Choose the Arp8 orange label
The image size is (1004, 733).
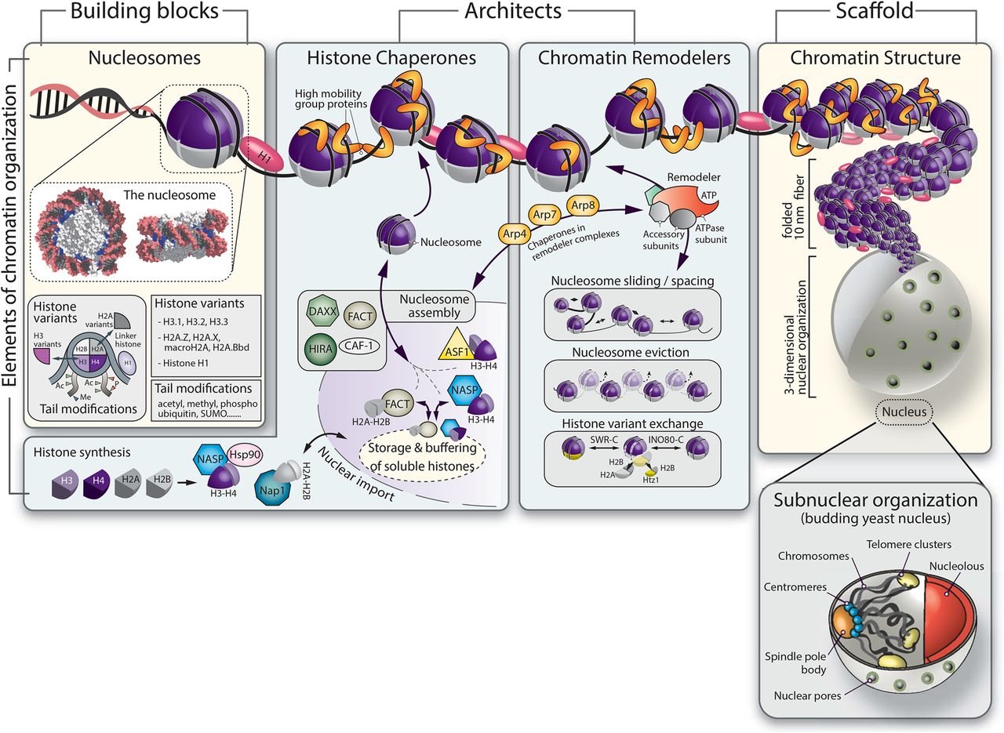click(585, 205)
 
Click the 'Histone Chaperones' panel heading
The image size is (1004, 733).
click(391, 57)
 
